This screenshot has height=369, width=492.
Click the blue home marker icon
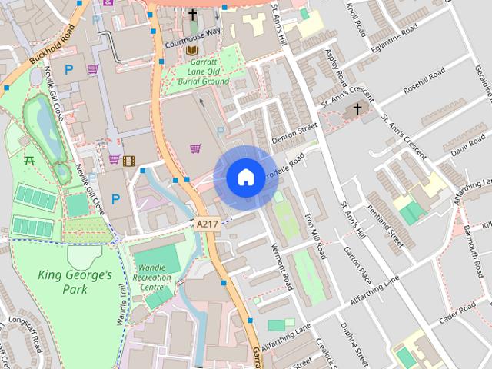(x=245, y=178)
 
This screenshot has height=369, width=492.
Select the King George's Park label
(x=75, y=282)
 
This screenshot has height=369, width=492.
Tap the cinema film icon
(x=128, y=160)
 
